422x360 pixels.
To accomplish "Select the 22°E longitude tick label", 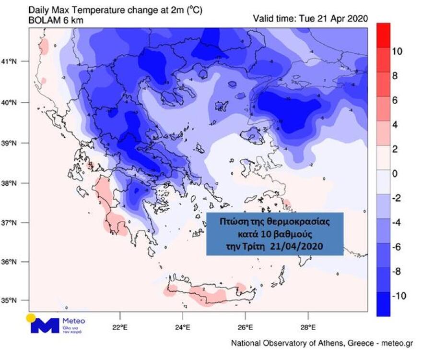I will pyautogui.click(x=119, y=328).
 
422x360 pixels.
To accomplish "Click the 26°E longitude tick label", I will pyautogui.click(x=245, y=328).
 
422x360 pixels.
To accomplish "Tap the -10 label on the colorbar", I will pyautogui.click(x=399, y=296).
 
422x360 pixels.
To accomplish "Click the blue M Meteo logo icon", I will pyautogui.click(x=44, y=325).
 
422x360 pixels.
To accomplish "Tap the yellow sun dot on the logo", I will pyautogui.click(x=31, y=317).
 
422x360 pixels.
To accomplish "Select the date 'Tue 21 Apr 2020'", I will pyautogui.click(x=333, y=19).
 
